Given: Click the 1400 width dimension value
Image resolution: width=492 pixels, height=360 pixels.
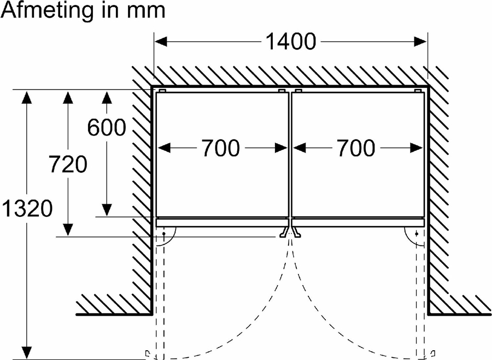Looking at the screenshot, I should (x=290, y=42).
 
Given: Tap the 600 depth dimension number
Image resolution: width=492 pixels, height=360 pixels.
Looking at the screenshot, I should (x=107, y=128).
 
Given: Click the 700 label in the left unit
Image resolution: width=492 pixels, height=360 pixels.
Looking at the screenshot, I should (x=221, y=147).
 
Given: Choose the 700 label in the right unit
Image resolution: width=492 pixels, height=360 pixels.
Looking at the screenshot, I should (x=356, y=147).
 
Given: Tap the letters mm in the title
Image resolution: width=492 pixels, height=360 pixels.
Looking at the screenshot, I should (x=147, y=11).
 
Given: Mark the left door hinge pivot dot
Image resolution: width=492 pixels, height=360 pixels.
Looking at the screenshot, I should (x=163, y=233).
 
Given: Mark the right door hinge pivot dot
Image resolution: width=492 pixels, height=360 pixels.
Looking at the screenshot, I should (x=417, y=233).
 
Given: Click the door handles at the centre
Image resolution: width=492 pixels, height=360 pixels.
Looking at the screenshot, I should (x=289, y=233).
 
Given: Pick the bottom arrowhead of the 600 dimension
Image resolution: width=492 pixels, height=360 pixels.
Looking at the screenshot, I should (x=107, y=210).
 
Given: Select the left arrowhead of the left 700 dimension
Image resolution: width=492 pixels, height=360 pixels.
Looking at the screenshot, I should (x=163, y=147).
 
